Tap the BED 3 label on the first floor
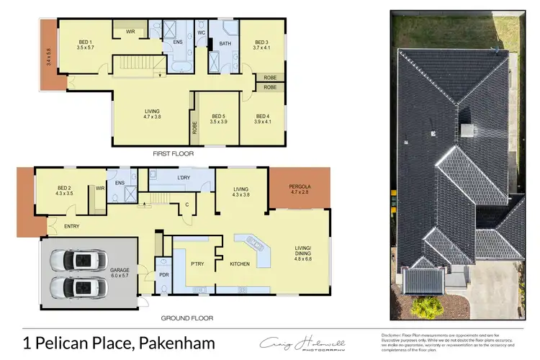coord(261,42)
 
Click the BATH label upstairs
coord(225,43)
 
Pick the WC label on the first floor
coord(201,32)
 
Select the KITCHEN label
coord(240,264)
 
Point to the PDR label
coord(163,274)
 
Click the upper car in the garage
coord(79,259)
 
